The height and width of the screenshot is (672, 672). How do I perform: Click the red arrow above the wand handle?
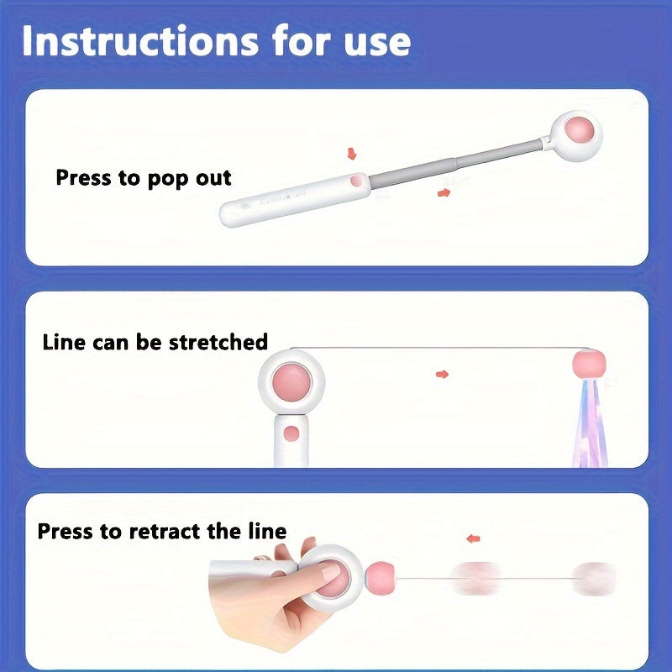351,154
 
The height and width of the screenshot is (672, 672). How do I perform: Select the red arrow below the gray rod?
443,193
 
